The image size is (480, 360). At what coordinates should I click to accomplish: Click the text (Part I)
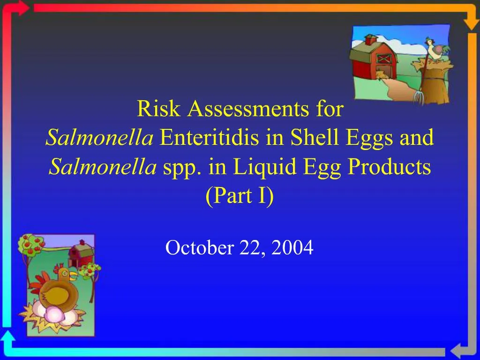point(240,195)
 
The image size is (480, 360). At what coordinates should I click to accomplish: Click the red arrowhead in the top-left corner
point(23,8)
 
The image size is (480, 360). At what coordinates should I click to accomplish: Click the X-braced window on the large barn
point(384,59)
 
